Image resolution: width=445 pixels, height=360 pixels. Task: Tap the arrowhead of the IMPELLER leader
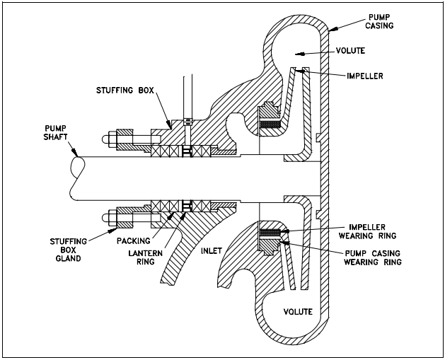click(x=301, y=69)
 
